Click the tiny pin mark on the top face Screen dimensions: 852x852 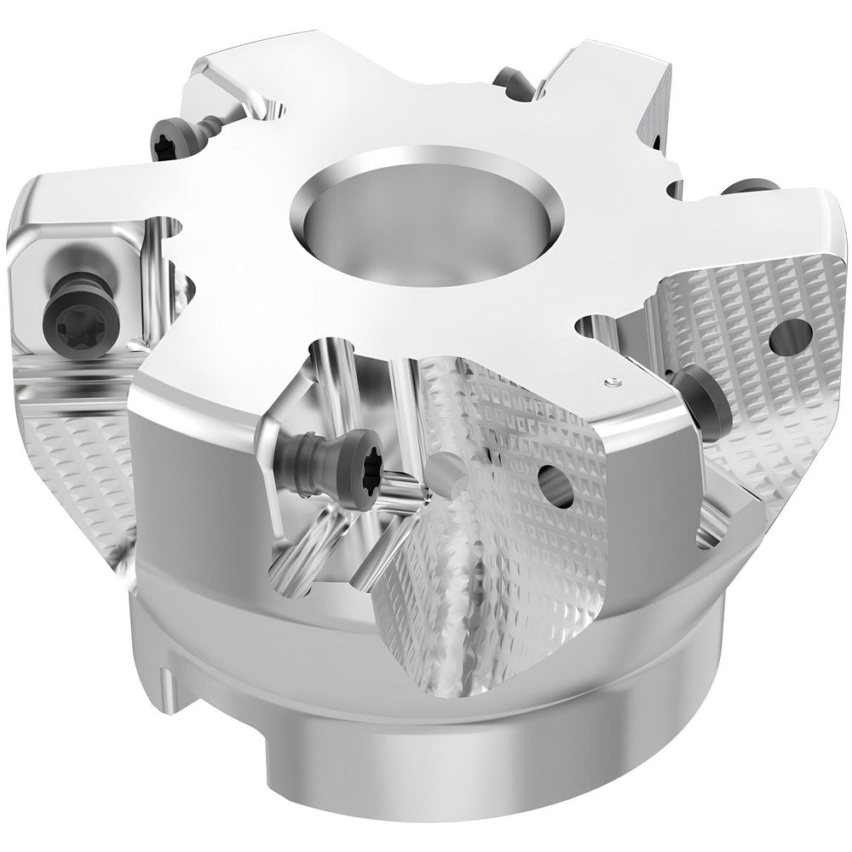point(610,383)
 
